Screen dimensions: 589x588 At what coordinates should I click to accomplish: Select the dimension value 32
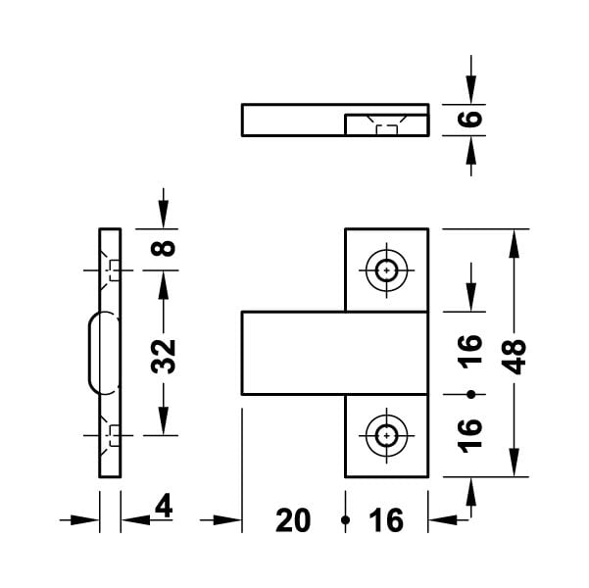[164, 357]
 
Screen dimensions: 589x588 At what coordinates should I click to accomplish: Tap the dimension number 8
[163, 249]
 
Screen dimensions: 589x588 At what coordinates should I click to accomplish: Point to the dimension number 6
[469, 119]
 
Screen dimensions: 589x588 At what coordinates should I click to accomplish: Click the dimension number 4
[164, 506]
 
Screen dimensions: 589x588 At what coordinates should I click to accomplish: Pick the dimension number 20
[293, 520]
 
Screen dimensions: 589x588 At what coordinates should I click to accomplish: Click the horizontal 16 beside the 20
[386, 520]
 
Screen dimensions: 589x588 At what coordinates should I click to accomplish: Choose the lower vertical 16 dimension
[469, 435]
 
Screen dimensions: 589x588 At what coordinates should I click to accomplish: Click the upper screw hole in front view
[386, 270]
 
